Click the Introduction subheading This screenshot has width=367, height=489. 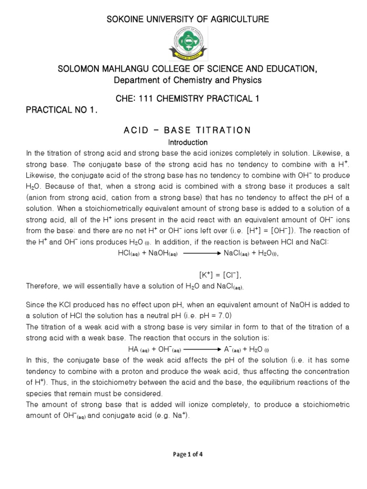tap(187, 142)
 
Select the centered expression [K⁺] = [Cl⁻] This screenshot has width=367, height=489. tap(220, 275)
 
